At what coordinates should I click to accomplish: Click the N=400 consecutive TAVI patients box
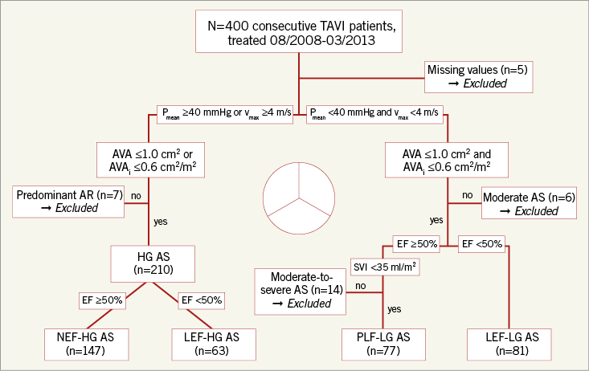tap(299, 32)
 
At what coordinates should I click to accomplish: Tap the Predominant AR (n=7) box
tap(67, 200)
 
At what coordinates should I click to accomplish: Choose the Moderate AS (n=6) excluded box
tap(530, 203)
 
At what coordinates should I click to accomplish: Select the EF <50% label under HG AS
tap(200, 300)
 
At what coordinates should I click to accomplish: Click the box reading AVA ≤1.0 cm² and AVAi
tap(448, 157)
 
